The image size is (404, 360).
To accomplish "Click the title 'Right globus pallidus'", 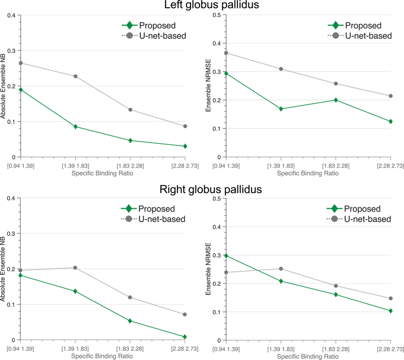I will pyautogui.click(x=211, y=189).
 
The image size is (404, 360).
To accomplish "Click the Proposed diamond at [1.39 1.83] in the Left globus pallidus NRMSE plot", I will pyautogui.click(x=281, y=109).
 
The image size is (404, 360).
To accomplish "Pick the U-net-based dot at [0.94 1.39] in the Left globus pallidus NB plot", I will pyautogui.click(x=21, y=63).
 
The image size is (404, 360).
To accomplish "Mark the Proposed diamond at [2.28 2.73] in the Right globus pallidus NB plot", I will pyautogui.click(x=185, y=337).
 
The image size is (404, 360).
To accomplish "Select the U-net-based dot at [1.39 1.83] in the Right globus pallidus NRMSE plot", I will pyautogui.click(x=281, y=269).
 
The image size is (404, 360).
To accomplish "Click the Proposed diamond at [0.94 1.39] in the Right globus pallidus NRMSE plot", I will pyautogui.click(x=226, y=256).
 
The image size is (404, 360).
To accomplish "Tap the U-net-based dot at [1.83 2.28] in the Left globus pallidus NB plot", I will pyautogui.click(x=130, y=110).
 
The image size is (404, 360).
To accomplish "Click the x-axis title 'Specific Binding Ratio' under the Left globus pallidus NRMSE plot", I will pyautogui.click(x=308, y=173).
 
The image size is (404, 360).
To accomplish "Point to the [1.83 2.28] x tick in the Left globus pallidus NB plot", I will pyautogui.click(x=130, y=166).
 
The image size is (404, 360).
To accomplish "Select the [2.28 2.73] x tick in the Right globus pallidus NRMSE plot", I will pyautogui.click(x=390, y=349).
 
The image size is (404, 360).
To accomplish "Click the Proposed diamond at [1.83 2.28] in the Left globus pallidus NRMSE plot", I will pyautogui.click(x=336, y=100).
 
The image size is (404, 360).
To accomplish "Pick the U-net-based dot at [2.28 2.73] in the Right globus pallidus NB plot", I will pyautogui.click(x=185, y=315).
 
